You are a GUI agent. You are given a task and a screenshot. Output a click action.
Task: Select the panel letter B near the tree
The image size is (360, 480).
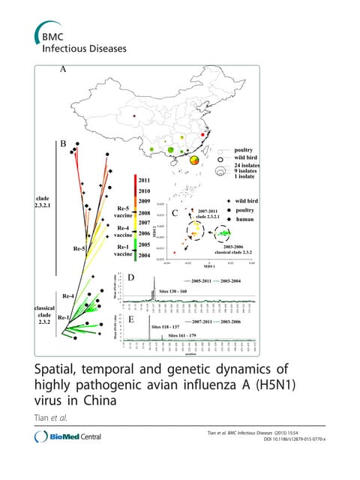[64, 143]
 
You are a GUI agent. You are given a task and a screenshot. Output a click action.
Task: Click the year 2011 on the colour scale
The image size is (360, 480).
[145, 180]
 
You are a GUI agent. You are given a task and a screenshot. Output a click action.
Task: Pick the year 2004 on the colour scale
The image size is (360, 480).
[145, 256]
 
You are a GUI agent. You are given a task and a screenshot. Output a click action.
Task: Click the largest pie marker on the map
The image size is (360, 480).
[193, 159]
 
